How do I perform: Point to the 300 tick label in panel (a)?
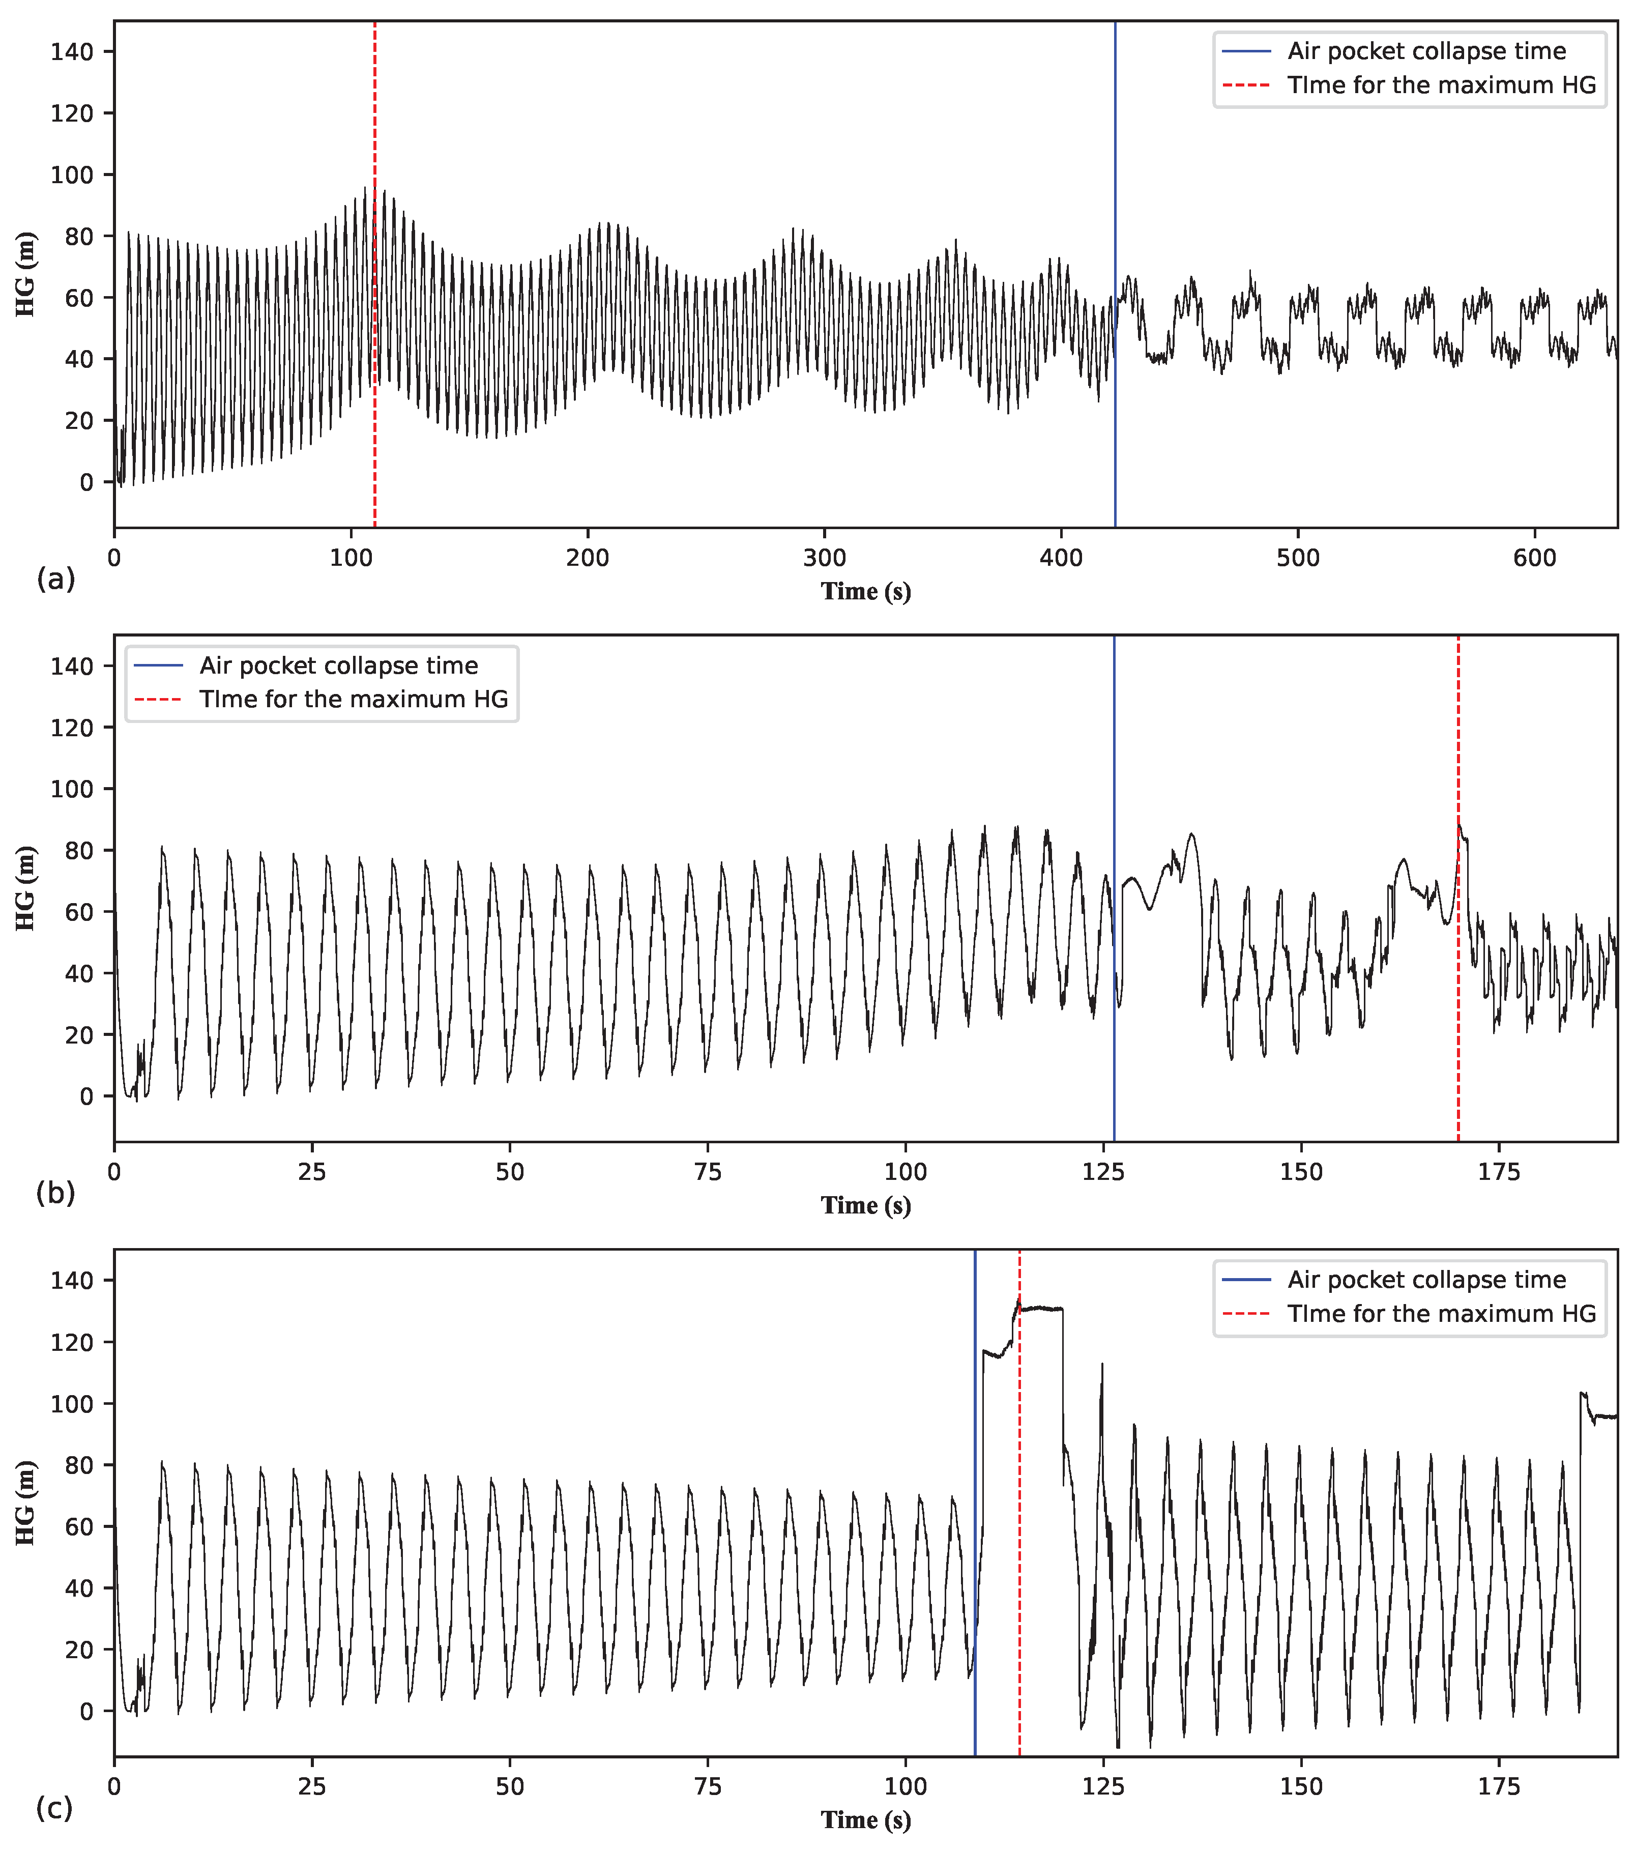pyautogui.click(x=825, y=558)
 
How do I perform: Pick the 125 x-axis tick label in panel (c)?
pyautogui.click(x=1103, y=1787)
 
